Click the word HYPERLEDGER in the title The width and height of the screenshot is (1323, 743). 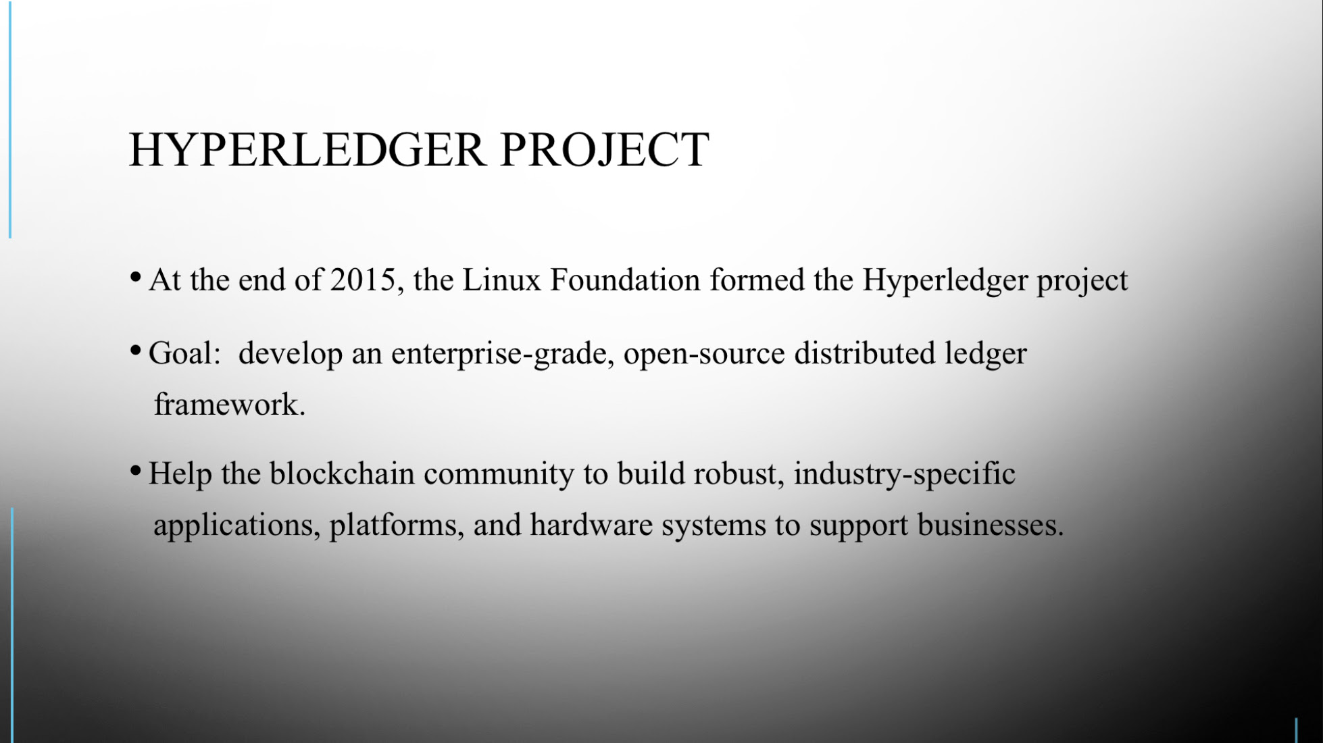tap(307, 149)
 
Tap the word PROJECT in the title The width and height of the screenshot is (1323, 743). tap(605, 150)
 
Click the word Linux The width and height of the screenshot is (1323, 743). tap(501, 280)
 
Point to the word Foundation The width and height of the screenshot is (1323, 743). tap(625, 280)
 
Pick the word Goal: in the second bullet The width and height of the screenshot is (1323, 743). tap(184, 353)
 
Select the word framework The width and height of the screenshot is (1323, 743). tap(230, 405)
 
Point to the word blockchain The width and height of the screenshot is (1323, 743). tap(342, 473)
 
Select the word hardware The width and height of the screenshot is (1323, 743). tap(591, 525)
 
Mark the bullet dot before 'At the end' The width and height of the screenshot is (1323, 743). tap(135, 277)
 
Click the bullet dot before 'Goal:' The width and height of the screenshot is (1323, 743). tap(135, 350)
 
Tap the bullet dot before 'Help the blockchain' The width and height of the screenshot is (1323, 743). tap(135, 470)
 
